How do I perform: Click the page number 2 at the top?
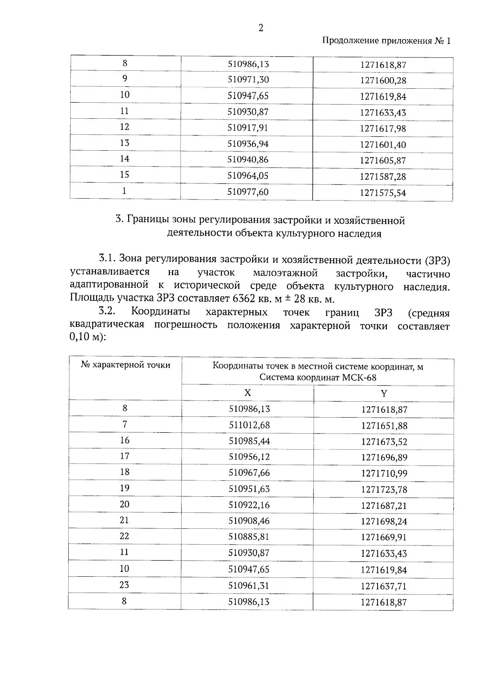pos(261,28)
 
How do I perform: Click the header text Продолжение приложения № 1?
pos(386,41)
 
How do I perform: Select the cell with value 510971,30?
pos(248,80)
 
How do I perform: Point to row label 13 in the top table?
pos(125,143)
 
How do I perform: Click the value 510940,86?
pos(248,159)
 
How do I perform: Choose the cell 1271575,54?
pos(383,193)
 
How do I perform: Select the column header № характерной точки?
pos(125,365)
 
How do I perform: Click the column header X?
pos(247,393)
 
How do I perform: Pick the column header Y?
pos(384,393)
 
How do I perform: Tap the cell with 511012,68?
pos(249,425)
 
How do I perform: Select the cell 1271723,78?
pos(384,490)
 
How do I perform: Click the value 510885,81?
pos(249,537)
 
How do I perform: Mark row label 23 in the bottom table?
pos(124,585)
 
